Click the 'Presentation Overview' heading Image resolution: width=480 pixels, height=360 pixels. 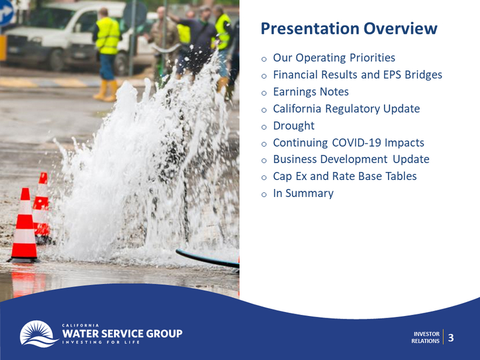click(x=348, y=28)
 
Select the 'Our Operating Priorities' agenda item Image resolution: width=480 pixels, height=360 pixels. click(x=334, y=58)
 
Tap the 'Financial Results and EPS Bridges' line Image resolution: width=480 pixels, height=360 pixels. click(x=357, y=74)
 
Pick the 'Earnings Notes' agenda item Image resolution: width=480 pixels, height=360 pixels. click(x=311, y=92)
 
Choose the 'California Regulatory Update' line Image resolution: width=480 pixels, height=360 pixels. click(x=346, y=108)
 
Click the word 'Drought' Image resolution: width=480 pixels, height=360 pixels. click(x=294, y=126)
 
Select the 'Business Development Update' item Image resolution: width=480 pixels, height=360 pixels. click(x=351, y=159)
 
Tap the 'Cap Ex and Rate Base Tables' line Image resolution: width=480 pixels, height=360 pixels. click(x=344, y=176)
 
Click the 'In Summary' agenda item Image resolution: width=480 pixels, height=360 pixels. click(x=303, y=194)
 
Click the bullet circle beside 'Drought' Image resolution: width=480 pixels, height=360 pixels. click(x=264, y=127)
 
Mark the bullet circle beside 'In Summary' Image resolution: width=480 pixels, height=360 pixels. click(x=264, y=195)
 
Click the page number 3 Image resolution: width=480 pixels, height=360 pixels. click(x=451, y=337)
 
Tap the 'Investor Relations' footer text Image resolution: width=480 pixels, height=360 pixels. click(x=425, y=337)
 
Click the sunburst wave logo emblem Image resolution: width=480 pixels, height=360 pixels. click(x=39, y=333)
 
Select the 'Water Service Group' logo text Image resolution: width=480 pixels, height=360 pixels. click(x=122, y=333)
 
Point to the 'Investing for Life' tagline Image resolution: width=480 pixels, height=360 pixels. click(x=101, y=342)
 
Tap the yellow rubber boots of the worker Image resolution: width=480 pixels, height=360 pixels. click(x=106, y=90)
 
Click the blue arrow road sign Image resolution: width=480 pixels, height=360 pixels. click(x=6, y=13)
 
